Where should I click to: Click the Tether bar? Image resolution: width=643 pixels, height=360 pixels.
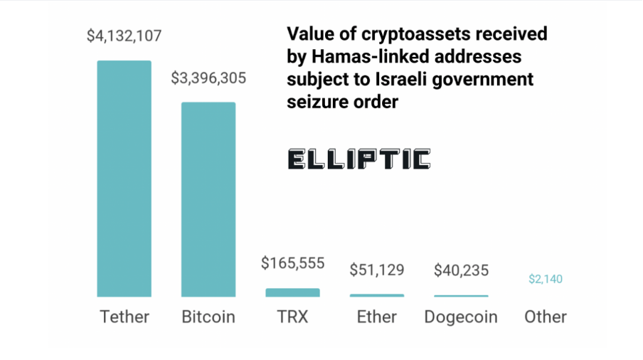tap(124, 178)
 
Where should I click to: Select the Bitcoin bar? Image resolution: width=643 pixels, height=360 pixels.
tap(208, 199)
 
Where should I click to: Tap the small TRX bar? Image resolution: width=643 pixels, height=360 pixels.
tap(292, 292)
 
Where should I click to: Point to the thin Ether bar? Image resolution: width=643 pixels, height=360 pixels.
tap(376, 295)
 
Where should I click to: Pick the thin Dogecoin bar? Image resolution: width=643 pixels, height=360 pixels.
tap(461, 295)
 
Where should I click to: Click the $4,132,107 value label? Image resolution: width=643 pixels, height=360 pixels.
tap(124, 36)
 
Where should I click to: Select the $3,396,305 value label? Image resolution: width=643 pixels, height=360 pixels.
tap(208, 78)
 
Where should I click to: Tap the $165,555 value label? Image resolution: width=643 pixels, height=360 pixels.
tap(292, 263)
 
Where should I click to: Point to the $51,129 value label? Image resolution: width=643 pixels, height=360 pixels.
tap(376, 270)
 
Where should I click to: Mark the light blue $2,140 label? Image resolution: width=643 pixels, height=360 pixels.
tap(546, 279)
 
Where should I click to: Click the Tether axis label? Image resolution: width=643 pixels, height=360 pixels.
tap(124, 317)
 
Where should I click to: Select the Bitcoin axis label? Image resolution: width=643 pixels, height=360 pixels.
tap(208, 317)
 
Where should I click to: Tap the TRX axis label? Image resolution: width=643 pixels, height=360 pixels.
tap(292, 317)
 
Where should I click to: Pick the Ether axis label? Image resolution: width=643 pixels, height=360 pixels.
tap(376, 317)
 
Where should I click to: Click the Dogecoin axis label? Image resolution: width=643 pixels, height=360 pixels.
tap(461, 317)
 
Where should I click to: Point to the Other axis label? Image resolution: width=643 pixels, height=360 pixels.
tap(546, 317)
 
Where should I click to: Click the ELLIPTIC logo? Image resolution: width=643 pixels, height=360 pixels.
tap(359, 159)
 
